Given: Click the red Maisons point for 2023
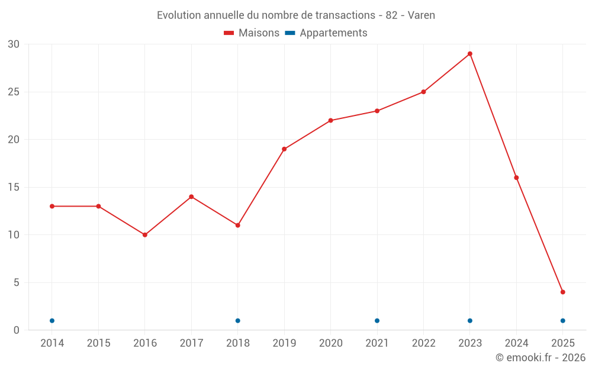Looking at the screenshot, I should click(470, 54).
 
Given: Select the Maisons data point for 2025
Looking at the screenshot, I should click(563, 292).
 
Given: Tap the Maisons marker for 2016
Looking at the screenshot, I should click(145, 235).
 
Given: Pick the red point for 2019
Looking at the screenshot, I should click(284, 149).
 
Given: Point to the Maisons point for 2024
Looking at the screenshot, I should click(516, 178).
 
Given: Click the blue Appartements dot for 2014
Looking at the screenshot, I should click(52, 321).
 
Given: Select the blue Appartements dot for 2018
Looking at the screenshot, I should click(238, 321).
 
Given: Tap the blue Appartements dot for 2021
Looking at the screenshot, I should click(377, 321).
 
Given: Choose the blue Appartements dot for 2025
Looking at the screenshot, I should click(563, 321).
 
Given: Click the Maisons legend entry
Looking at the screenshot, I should click(252, 33).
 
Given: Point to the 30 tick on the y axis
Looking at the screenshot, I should click(14, 44).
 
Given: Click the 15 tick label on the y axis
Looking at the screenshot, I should click(14, 187).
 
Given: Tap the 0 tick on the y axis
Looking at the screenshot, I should click(17, 330).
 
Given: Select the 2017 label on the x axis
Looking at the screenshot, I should click(191, 343).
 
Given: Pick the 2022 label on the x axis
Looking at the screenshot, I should click(423, 343).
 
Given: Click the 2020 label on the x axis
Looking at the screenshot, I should click(331, 343).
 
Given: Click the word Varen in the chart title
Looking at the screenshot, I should click(422, 15).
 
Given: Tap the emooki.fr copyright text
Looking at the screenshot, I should click(540, 358).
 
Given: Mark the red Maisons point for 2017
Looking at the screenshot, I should click(191, 197).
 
